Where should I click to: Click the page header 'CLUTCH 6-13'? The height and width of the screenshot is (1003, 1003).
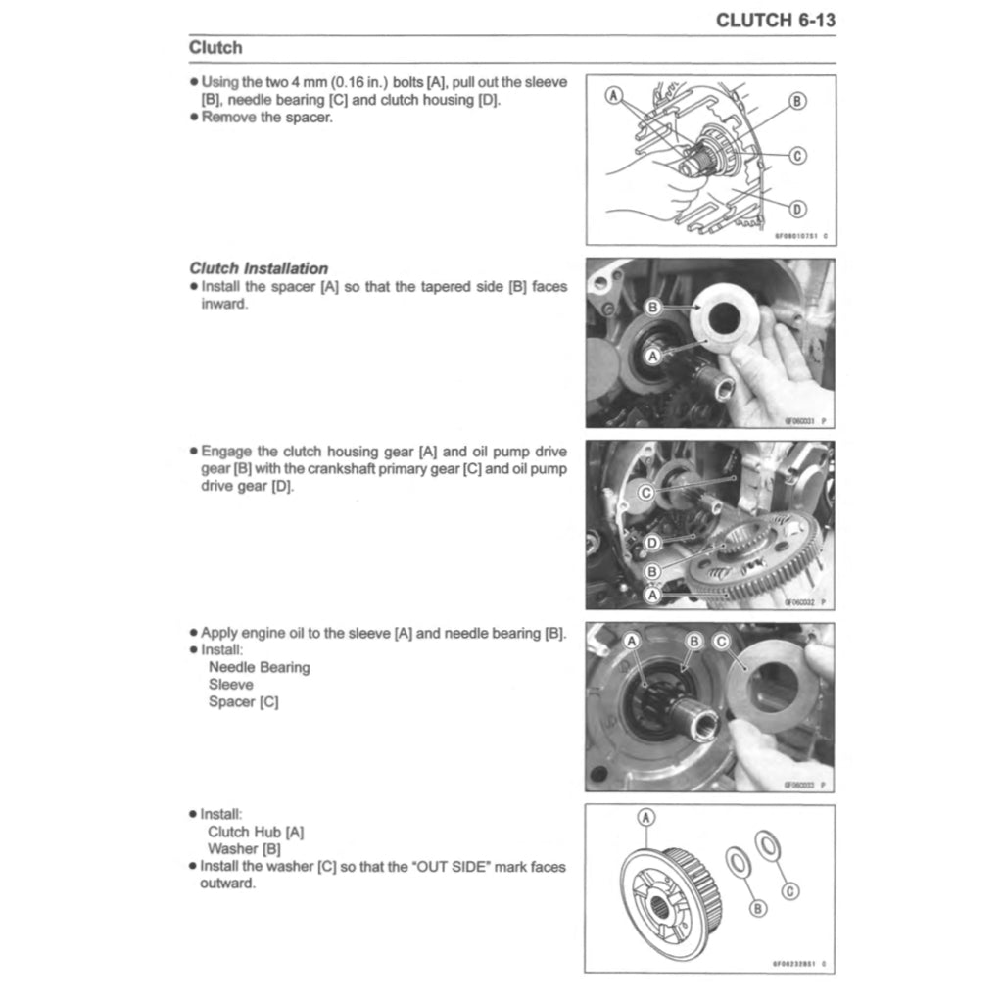pos(775,20)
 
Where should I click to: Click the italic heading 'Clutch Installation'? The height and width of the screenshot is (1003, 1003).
pos(259,268)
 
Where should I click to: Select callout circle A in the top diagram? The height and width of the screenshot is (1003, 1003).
pos(614,96)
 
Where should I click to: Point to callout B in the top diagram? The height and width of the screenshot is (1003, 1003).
pos(797,101)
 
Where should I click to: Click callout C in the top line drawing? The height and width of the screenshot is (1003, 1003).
pos(797,155)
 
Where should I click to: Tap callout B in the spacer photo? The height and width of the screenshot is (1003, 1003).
pos(654,307)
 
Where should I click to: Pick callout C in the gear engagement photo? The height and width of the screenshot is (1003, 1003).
pos(645,493)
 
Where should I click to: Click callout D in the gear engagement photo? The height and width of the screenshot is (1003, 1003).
pos(652,542)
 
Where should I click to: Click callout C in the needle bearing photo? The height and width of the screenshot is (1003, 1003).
pos(722,642)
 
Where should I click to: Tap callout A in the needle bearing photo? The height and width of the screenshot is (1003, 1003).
pos(632,642)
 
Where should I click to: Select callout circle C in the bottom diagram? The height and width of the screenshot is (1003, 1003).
pos(791,890)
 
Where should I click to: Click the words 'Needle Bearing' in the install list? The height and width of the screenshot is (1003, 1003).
pos(260,667)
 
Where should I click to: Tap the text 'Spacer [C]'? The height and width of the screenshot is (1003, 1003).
pos(244,702)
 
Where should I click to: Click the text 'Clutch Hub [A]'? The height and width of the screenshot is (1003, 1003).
pos(257,832)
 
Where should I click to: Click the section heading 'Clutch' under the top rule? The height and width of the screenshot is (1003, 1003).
pos(215,47)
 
